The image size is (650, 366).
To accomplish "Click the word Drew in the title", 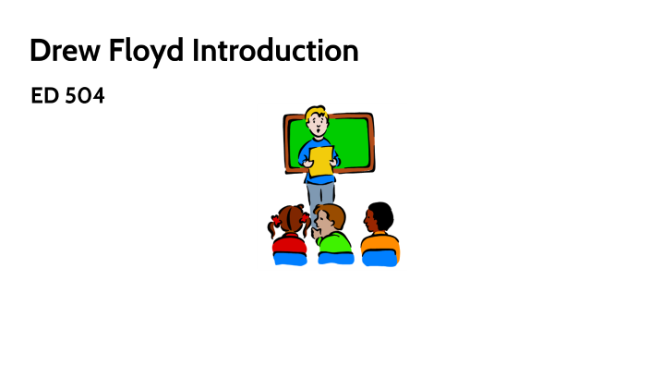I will coord(58,50).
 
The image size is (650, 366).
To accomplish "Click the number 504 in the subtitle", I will coord(85,96).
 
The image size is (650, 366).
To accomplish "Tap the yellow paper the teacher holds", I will coord(321,161).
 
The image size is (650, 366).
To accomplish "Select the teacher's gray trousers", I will coord(319,192).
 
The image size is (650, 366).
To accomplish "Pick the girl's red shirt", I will coord(290,244).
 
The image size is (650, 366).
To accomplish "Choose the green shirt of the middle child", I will coord(334,244).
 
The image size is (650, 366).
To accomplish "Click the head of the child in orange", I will coord(378,216).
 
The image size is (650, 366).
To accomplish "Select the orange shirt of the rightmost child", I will coord(379,243).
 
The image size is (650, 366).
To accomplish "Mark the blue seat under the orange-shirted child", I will coord(379,260).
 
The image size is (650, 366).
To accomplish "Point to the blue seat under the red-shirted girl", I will coord(290,260).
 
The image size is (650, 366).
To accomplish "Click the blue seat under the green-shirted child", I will coord(335,260).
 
